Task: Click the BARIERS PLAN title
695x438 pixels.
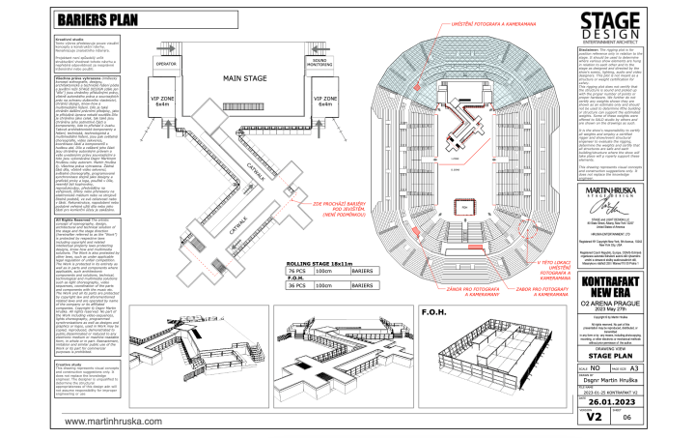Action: [x=97, y=19]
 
